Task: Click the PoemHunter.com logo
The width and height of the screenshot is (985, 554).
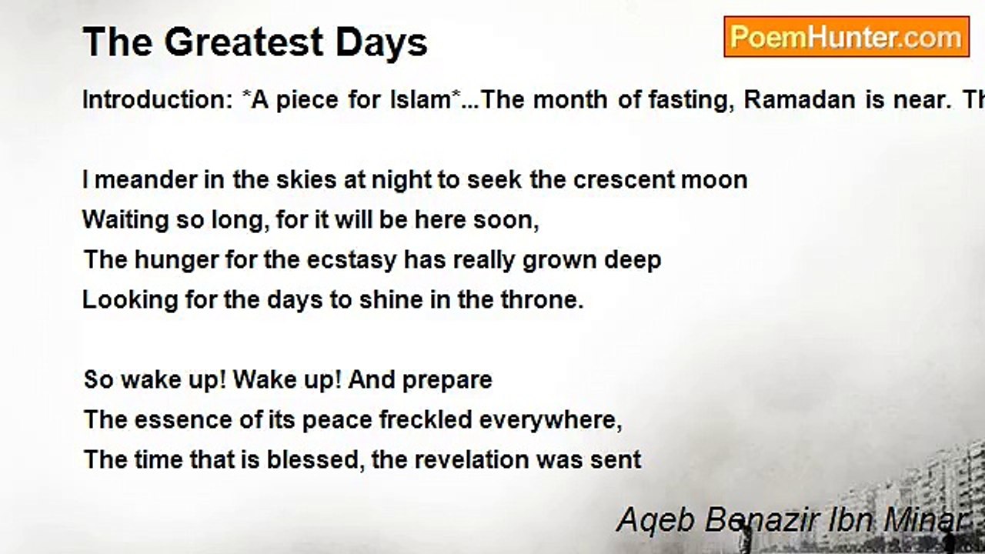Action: pos(846,37)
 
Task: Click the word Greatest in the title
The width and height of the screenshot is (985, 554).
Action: pos(244,42)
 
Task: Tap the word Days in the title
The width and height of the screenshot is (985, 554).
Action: pos(381,43)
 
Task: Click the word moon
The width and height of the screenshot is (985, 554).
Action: pos(714,181)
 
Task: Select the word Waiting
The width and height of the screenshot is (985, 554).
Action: pos(125,221)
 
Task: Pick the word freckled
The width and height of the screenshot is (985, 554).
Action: pos(426,419)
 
